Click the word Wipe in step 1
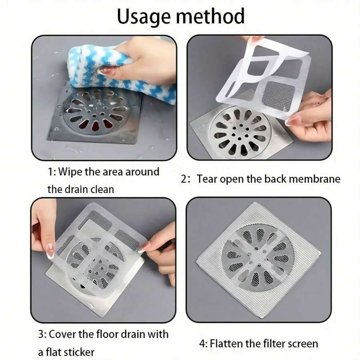70,172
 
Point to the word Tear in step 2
208,179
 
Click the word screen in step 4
300,343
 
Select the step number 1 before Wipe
50,172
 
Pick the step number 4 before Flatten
202,343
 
